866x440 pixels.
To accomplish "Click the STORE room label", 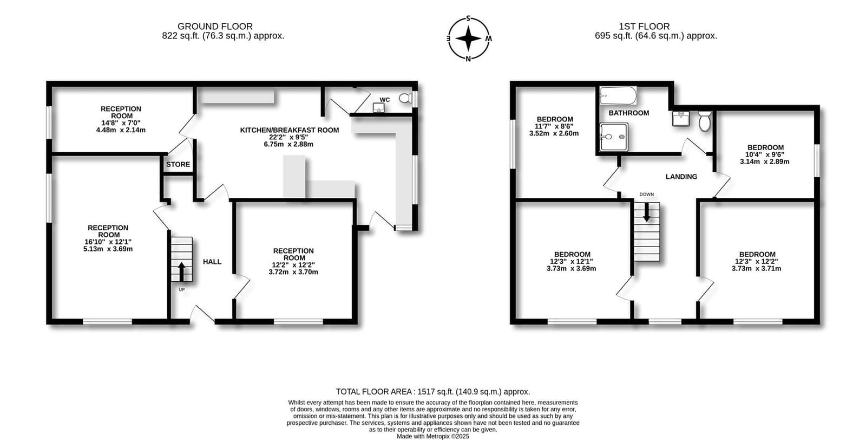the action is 178,165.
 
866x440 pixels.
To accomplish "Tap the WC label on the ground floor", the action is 385,100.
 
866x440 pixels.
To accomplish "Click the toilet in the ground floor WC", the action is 405,98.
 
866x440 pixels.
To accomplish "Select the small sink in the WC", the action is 378,108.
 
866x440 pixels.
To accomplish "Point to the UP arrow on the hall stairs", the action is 181,271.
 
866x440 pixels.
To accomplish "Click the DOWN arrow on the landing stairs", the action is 646,212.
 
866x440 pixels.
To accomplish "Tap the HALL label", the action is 212,262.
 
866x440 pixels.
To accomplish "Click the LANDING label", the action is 681,177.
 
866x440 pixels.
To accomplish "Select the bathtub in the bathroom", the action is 618,95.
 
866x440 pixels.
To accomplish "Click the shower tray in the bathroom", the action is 614,137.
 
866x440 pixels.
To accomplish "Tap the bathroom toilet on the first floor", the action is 705,121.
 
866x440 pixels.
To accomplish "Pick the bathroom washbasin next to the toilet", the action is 681,119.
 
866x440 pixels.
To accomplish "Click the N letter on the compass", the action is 468,59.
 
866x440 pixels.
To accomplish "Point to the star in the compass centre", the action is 468,38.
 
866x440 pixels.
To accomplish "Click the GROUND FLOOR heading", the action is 215,27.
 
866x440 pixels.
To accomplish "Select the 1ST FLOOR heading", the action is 644,27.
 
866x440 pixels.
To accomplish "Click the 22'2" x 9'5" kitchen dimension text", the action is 289,138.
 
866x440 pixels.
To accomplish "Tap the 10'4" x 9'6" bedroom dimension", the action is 765,154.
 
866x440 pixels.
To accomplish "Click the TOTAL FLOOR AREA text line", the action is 432,392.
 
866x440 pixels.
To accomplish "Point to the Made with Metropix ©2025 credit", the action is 433,437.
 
